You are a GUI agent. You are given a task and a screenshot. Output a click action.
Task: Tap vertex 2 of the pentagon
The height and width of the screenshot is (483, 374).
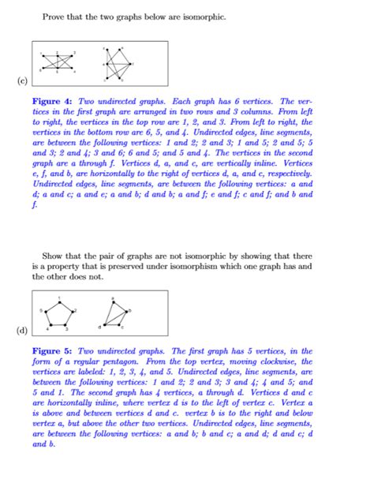click(72, 311)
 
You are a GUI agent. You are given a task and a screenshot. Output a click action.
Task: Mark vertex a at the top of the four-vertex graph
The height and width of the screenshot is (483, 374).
click(113, 301)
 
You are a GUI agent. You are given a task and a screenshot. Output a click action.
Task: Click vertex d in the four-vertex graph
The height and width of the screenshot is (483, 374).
click(105, 325)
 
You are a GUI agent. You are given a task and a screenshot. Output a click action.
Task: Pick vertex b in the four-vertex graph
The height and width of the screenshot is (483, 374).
click(125, 312)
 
